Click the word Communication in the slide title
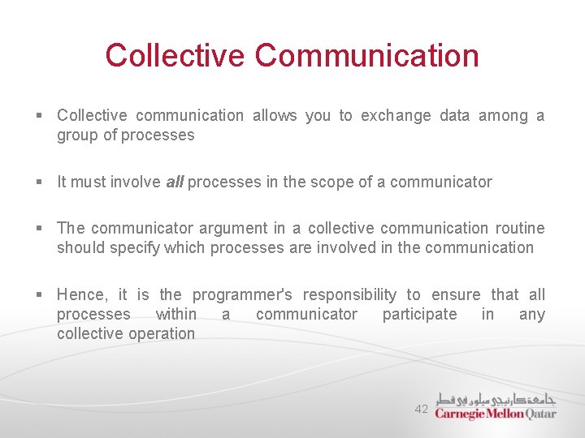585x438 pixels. point(366,56)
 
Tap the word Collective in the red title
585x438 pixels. point(175,56)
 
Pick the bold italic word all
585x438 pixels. point(174,182)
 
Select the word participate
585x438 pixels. point(419,314)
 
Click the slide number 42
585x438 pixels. point(421,410)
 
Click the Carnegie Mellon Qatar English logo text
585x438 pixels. point(495,413)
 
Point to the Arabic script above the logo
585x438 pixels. point(496,398)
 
